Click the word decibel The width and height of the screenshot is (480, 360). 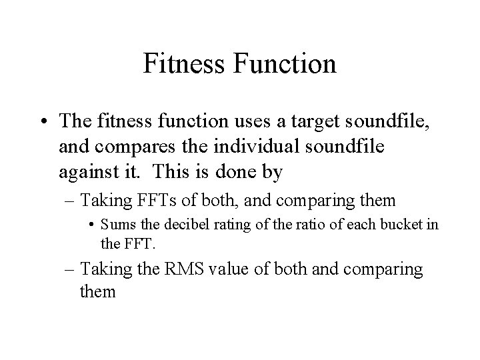(190, 225)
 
